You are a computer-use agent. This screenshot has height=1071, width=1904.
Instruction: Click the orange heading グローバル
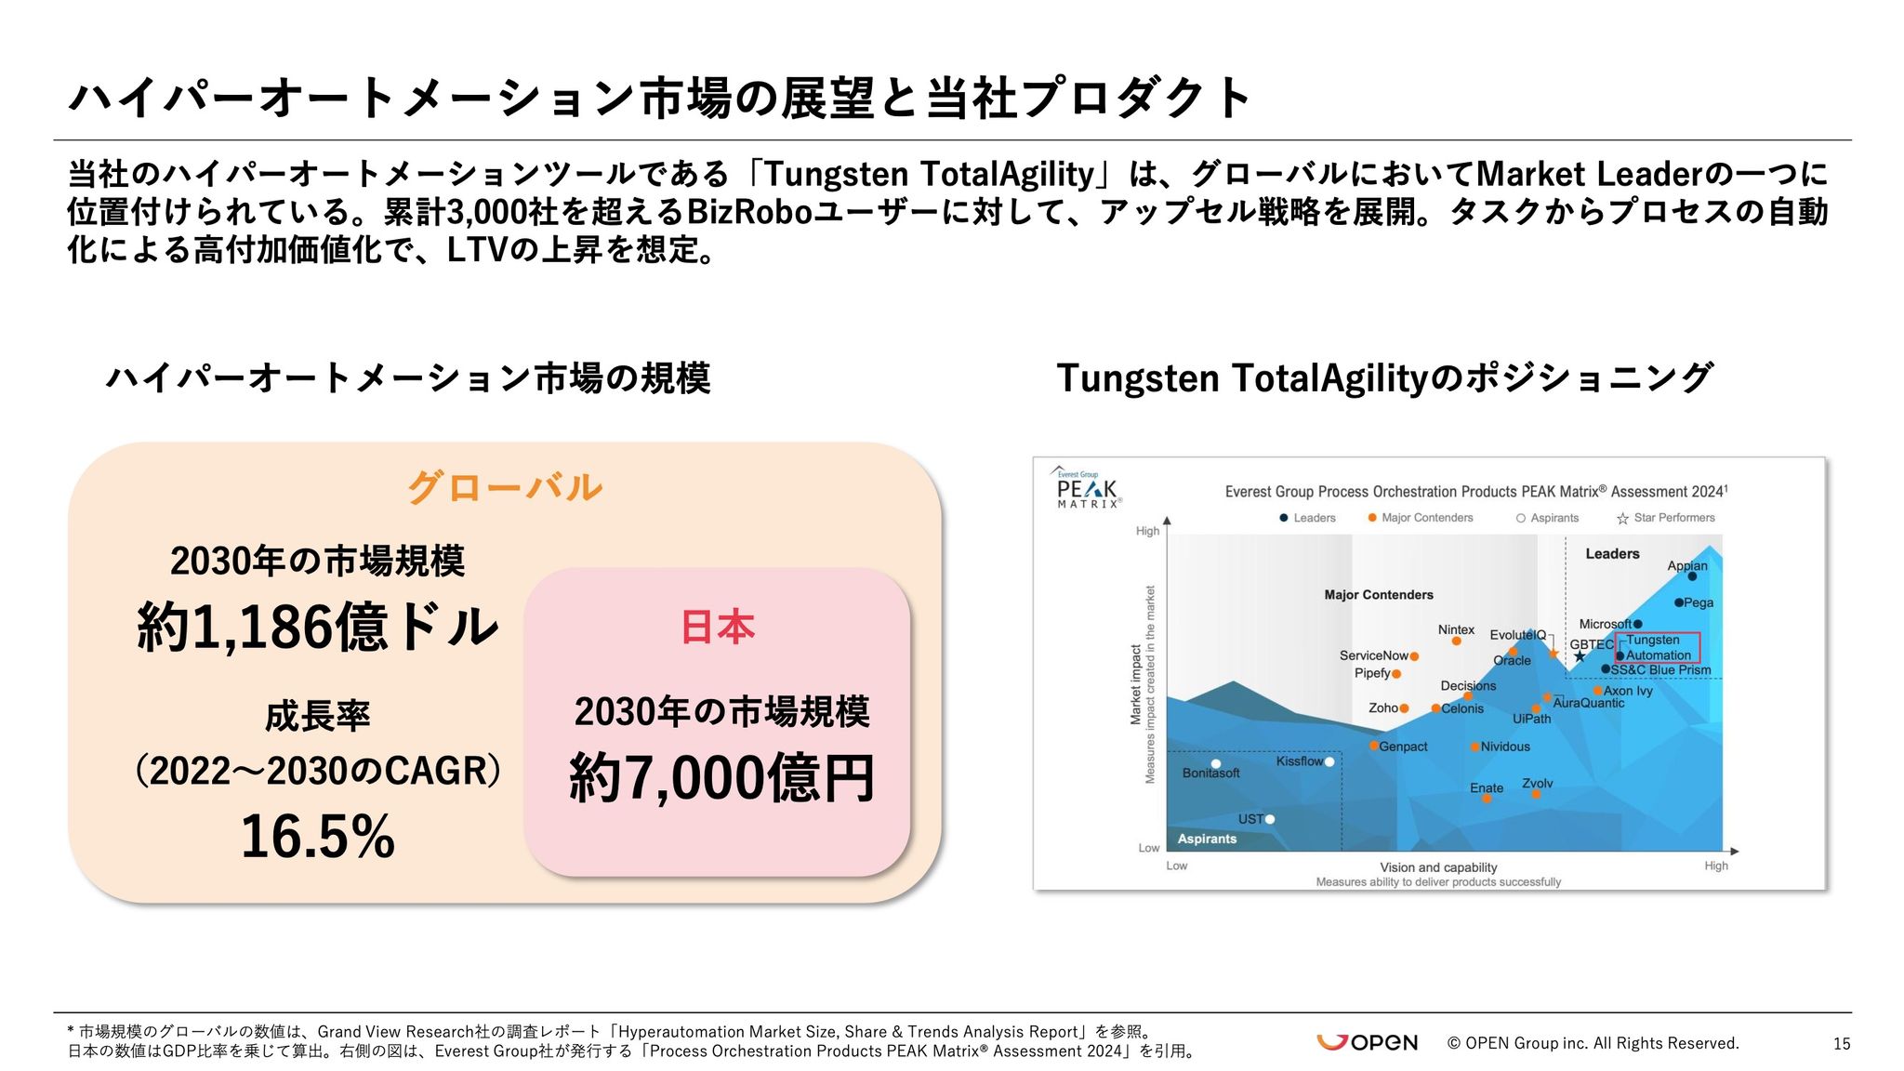[505, 487]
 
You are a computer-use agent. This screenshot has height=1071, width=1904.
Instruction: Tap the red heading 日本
[718, 627]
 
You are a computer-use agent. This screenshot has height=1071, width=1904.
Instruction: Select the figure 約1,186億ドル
[318, 626]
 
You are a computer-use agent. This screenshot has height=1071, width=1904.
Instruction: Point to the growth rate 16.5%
[318, 836]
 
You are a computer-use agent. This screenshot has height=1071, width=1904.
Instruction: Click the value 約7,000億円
[721, 777]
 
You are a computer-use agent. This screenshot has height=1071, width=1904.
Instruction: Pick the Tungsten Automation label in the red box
[1659, 647]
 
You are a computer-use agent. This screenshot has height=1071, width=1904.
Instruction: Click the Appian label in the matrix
[1687, 565]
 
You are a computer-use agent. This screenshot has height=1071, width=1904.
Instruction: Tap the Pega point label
[1699, 602]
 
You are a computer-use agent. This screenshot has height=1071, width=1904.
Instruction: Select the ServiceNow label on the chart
[1374, 655]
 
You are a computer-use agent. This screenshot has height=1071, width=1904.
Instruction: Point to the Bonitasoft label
[1210, 773]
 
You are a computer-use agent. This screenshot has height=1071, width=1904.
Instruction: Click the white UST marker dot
[1270, 819]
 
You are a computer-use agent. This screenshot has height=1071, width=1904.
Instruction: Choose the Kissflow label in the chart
[1300, 760]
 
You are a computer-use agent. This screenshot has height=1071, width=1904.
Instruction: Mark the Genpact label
[1403, 747]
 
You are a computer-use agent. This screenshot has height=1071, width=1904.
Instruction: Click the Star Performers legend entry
[1666, 518]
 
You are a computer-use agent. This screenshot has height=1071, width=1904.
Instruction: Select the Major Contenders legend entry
[1421, 518]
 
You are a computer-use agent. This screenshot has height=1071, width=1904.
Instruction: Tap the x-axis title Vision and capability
[1438, 867]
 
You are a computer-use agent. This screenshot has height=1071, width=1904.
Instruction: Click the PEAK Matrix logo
[1087, 487]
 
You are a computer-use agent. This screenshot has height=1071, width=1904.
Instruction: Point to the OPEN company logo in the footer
[1367, 1042]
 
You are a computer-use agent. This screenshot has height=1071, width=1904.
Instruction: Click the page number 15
[1842, 1044]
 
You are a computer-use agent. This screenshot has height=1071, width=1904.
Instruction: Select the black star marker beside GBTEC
[1579, 656]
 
